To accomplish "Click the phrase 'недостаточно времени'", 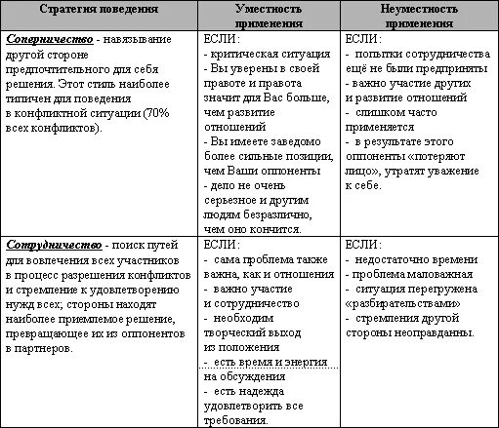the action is tap(421, 259).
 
